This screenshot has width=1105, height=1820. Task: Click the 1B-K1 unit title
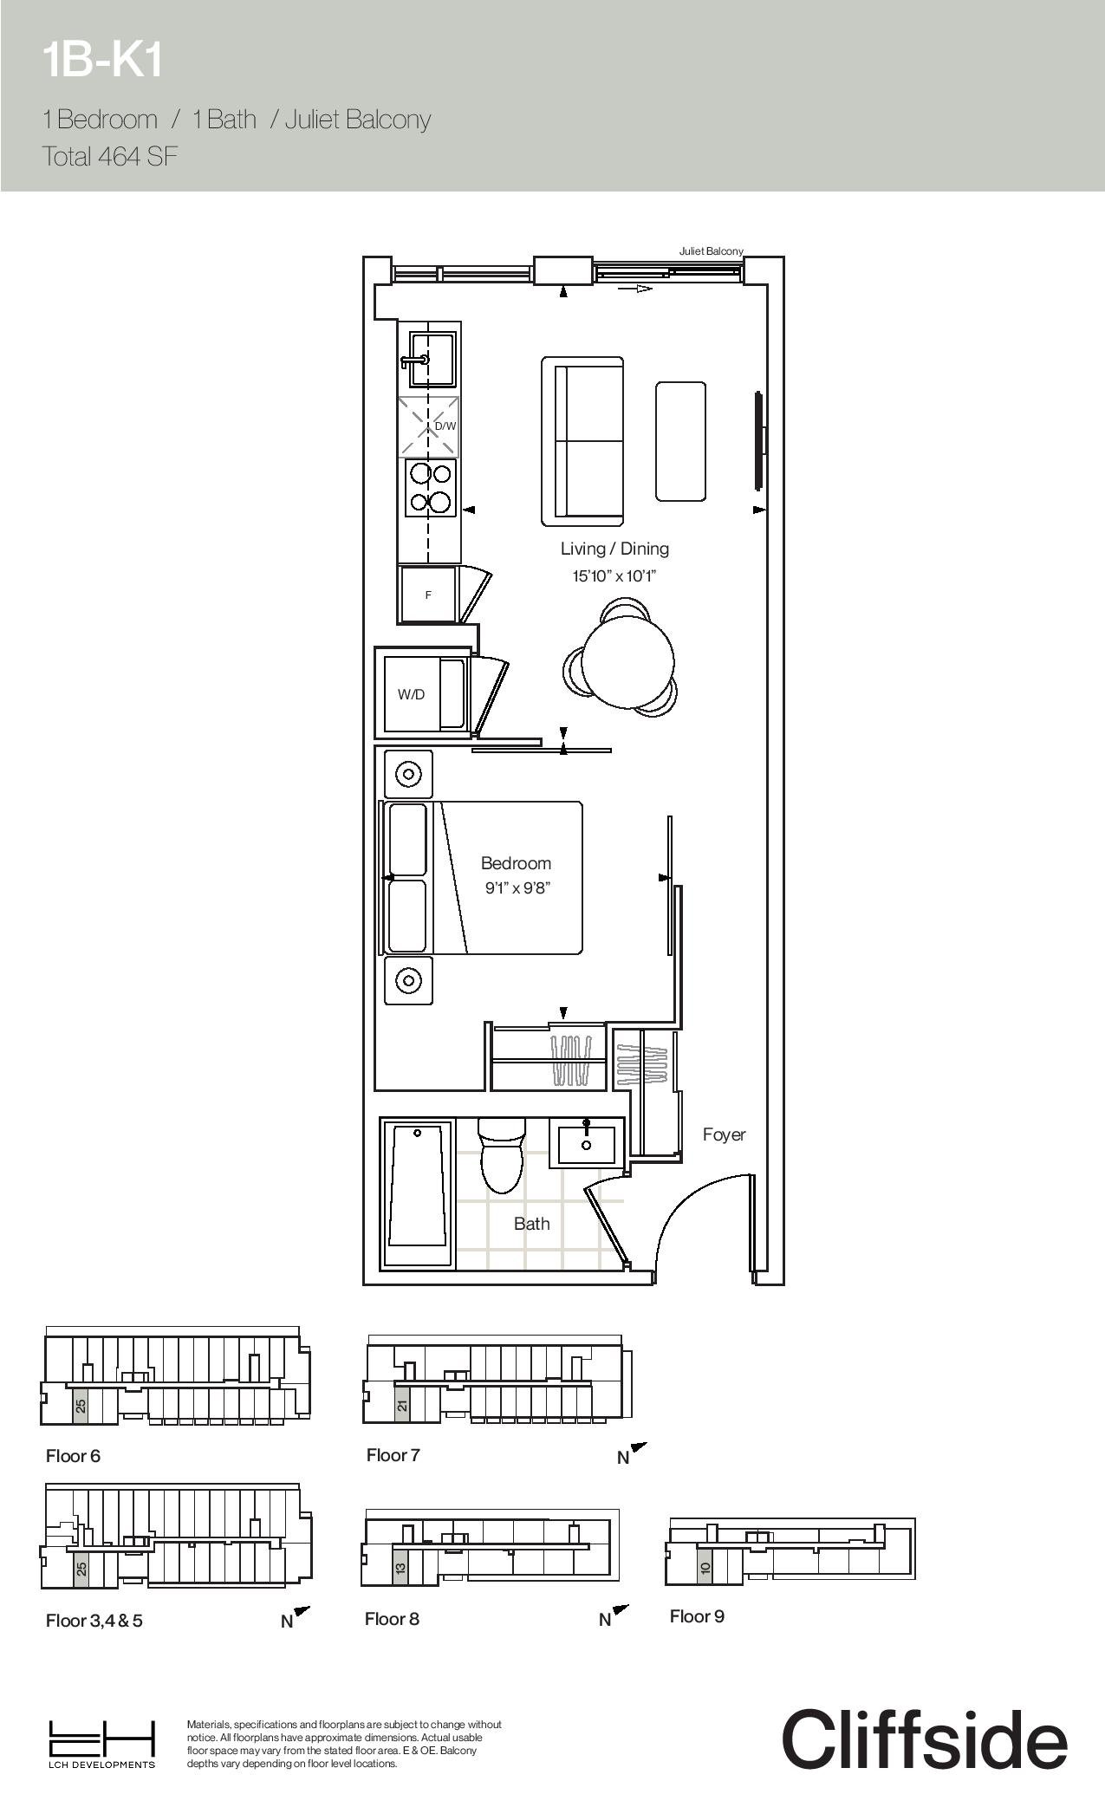tap(102, 62)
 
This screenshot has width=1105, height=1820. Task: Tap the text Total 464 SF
tap(110, 157)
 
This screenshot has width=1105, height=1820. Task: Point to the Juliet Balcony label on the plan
tap(711, 251)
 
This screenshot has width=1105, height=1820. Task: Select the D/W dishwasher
tap(429, 426)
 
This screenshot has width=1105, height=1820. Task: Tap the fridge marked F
tap(427, 595)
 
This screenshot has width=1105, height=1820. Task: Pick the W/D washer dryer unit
tap(426, 694)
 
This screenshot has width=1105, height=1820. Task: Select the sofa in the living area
tap(582, 441)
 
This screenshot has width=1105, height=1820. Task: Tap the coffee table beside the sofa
tap(680, 441)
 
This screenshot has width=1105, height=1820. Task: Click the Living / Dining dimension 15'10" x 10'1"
tap(614, 576)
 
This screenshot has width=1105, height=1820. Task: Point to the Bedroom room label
tap(516, 863)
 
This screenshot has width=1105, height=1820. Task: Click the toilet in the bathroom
tap(502, 1154)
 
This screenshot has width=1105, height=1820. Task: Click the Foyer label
tap(724, 1134)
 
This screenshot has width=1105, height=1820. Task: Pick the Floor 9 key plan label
tap(697, 1616)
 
